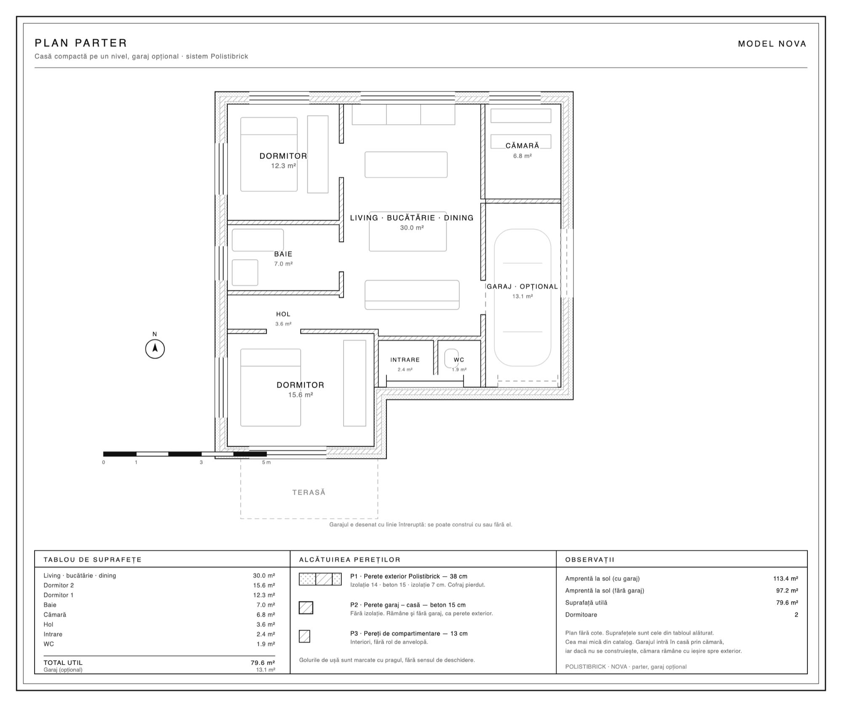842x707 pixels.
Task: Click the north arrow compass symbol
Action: tap(155, 349)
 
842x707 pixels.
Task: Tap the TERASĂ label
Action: tap(309, 493)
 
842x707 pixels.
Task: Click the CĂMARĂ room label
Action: tap(522, 146)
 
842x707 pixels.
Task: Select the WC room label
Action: tap(459, 360)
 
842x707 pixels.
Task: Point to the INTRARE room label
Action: tap(405, 360)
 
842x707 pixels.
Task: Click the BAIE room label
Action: tap(283, 254)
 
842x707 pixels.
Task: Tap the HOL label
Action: tap(283, 314)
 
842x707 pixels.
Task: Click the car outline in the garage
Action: tap(522, 297)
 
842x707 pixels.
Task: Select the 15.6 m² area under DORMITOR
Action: tap(301, 395)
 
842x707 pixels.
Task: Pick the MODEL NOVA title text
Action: tap(772, 44)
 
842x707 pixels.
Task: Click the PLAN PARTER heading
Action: tap(81, 43)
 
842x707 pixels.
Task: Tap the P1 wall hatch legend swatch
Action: tap(320, 579)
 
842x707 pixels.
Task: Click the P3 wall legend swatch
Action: tap(305, 636)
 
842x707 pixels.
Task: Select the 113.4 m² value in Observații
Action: tap(786, 578)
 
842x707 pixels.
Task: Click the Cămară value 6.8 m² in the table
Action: tap(266, 615)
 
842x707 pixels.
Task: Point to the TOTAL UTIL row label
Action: tap(63, 663)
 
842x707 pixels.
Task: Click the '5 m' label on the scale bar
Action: tap(266, 463)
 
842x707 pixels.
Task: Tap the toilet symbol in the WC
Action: tap(452, 358)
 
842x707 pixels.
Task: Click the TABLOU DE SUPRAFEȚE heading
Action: tap(93, 560)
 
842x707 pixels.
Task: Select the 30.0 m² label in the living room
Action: tap(412, 228)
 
